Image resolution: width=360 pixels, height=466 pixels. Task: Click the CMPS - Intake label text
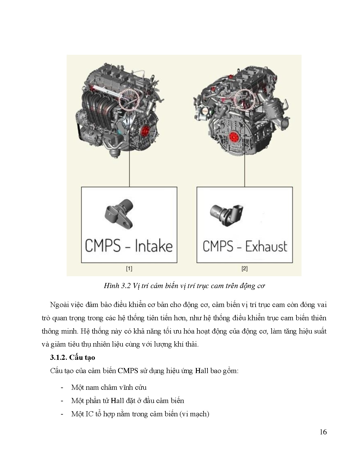pyautogui.click(x=129, y=246)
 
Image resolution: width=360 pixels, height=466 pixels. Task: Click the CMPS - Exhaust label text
pyautogui.click(x=245, y=246)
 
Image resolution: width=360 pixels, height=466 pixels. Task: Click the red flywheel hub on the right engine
pyautogui.click(x=234, y=137)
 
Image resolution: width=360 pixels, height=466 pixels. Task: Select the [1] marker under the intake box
pyautogui.click(x=129, y=269)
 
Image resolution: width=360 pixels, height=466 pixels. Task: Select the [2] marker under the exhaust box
pyautogui.click(x=245, y=269)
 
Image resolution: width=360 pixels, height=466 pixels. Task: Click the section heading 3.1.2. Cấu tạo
pyautogui.click(x=73, y=358)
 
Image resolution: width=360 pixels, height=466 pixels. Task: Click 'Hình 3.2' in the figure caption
pyautogui.click(x=116, y=286)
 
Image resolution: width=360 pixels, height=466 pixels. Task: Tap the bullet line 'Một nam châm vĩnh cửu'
pyautogui.click(x=109, y=387)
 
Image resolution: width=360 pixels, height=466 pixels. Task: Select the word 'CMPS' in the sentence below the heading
pyautogui.click(x=128, y=371)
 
